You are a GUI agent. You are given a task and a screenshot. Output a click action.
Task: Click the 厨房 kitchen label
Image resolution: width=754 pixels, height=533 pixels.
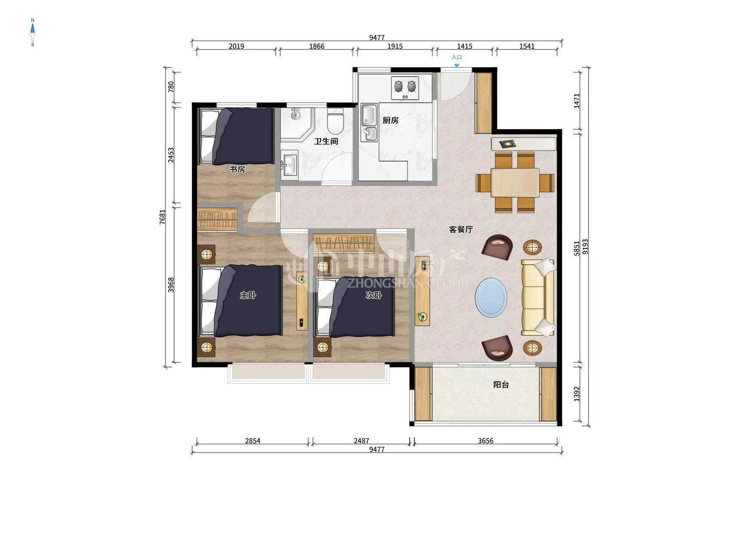click(390, 120)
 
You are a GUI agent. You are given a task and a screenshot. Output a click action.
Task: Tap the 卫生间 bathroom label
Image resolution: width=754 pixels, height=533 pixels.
click(326, 141)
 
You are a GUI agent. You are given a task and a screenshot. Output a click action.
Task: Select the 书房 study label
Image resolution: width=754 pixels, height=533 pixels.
click(237, 169)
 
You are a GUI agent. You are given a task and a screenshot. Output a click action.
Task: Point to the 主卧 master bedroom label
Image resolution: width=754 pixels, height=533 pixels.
click(248, 295)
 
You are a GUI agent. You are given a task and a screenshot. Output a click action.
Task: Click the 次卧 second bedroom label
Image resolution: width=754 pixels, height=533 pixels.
click(374, 295)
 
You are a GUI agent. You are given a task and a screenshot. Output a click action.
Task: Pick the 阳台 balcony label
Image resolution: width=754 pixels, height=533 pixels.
click(501, 385)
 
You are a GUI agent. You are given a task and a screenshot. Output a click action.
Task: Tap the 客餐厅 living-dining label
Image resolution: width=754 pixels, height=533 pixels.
click(461, 230)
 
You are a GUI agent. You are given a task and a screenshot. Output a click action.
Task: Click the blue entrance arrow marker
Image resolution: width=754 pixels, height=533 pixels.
click(457, 66)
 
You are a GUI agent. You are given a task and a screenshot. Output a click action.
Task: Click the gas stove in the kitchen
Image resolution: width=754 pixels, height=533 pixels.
click(405, 88)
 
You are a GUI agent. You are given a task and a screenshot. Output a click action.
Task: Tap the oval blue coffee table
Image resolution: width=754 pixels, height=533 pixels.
click(491, 297)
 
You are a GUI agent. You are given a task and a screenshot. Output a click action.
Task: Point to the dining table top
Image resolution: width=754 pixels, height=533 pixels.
click(515, 183)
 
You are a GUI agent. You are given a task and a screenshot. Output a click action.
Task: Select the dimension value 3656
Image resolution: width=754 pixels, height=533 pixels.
click(485, 441)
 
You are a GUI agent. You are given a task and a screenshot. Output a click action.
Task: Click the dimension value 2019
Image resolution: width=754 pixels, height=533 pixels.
click(236, 46)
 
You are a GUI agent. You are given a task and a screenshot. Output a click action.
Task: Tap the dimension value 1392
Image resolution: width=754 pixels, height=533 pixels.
click(577, 394)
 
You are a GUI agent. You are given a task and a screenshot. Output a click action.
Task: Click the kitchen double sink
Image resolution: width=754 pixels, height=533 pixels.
click(369, 123)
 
